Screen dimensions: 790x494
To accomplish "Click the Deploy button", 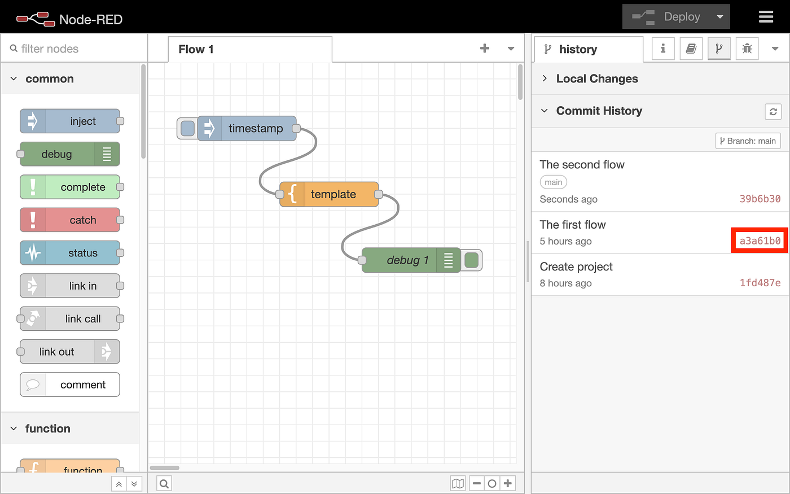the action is pyautogui.click(x=676, y=16).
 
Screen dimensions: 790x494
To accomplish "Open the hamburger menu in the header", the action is pyautogui.click(x=766, y=16).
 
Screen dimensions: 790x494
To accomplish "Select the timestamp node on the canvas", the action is pyautogui.click(x=247, y=129).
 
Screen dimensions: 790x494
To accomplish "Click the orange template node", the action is pyautogui.click(x=329, y=194).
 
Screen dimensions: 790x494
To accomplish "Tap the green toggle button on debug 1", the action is pyautogui.click(x=472, y=260).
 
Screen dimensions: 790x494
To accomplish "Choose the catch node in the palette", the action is pyautogui.click(x=70, y=220).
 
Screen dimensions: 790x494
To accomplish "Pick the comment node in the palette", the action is pyautogui.click(x=70, y=384).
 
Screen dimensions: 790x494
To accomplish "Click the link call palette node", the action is pyautogui.click(x=70, y=318).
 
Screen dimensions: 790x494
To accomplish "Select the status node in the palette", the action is pyautogui.click(x=70, y=253).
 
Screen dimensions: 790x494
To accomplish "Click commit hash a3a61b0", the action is pyautogui.click(x=760, y=241).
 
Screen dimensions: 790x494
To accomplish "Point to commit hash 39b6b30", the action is pyautogui.click(x=760, y=199).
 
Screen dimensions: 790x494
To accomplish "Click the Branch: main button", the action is pyautogui.click(x=748, y=141).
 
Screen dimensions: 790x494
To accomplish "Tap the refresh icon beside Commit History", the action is pyautogui.click(x=773, y=112).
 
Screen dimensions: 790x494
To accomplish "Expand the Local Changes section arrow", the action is pyautogui.click(x=545, y=78).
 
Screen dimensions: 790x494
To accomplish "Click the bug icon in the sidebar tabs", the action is pyautogui.click(x=747, y=49).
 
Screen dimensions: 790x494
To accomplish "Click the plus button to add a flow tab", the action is pyautogui.click(x=485, y=49).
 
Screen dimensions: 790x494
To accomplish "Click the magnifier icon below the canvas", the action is pyautogui.click(x=164, y=483).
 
